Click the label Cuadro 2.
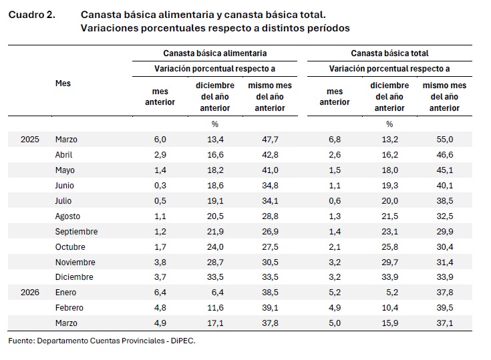(31, 14)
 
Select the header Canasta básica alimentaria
(215, 53)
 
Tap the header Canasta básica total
(389, 53)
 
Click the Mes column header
(63, 83)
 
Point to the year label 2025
(30, 140)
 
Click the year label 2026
(30, 293)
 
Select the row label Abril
(65, 155)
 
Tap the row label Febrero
(70, 308)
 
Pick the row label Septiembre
(76, 232)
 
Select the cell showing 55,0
(444, 140)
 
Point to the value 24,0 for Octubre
(215, 247)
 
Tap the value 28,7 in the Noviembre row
(215, 262)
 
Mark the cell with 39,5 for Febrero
(444, 308)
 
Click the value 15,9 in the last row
(389, 323)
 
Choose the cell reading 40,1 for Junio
(444, 186)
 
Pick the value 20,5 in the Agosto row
(215, 216)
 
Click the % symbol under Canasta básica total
(389, 124)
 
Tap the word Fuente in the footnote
(21, 341)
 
